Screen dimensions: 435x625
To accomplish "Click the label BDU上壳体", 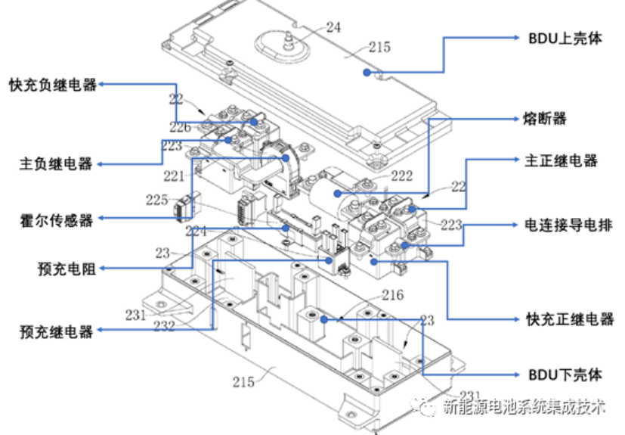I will pos(565,39).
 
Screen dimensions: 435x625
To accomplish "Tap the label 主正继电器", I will pos(561,160).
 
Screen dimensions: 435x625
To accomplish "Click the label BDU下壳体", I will pos(565,374).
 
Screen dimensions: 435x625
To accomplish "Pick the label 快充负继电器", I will pos(53,85).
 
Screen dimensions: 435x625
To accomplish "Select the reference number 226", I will pos(180,127).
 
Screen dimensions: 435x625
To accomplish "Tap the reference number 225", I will pos(156,200).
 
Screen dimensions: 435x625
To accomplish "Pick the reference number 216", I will pos(392,294).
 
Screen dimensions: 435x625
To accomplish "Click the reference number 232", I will pos(163,327).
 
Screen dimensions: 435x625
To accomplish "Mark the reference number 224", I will pos(196,231).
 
